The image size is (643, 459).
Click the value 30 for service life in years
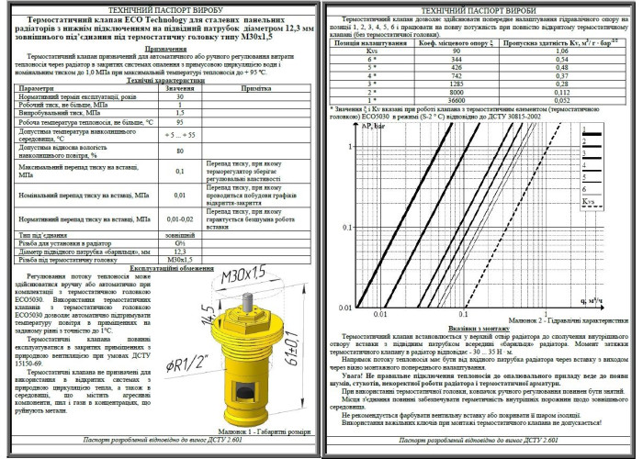180,95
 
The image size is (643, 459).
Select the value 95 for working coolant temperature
180,121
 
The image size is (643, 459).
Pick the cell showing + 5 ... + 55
180,134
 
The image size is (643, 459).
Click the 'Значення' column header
180,87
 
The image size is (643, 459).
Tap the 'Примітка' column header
254,87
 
